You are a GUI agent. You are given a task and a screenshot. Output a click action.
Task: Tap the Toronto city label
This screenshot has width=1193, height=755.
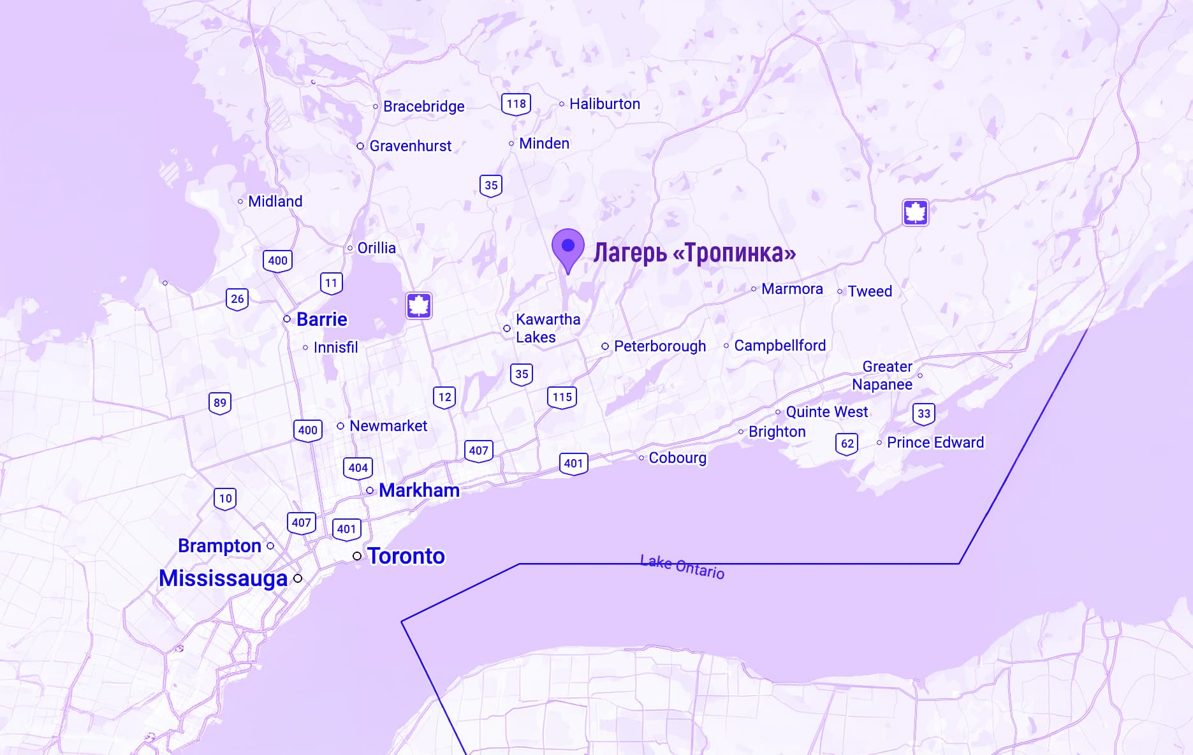(x=406, y=556)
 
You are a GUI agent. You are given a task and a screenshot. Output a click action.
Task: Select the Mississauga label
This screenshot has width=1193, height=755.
(x=223, y=578)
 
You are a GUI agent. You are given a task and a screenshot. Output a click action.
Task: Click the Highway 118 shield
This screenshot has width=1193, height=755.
(x=516, y=104)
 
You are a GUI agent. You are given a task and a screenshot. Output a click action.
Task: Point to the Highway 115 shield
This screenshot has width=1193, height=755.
(x=562, y=397)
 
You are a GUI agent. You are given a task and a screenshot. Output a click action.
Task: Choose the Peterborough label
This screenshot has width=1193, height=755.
(x=660, y=346)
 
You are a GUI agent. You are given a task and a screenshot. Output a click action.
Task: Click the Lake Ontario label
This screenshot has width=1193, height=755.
(x=682, y=566)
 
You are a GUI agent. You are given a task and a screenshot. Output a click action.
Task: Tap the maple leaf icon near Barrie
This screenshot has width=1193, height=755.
(x=419, y=306)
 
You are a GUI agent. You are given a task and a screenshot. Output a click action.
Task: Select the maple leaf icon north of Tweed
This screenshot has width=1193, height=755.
(x=915, y=212)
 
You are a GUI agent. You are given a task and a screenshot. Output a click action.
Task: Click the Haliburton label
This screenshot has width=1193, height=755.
(x=604, y=104)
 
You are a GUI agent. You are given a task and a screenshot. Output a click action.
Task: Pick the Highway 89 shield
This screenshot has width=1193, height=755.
(x=220, y=403)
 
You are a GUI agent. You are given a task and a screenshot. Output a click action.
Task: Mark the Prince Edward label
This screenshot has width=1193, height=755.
(x=935, y=443)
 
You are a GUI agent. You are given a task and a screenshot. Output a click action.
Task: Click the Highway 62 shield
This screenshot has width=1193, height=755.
(x=847, y=444)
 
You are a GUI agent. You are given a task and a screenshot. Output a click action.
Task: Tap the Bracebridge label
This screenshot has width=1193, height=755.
(x=423, y=106)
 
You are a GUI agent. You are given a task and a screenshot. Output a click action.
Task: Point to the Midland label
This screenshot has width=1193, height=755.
(x=275, y=202)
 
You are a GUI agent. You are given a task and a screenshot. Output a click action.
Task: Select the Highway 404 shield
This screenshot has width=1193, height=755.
(x=358, y=468)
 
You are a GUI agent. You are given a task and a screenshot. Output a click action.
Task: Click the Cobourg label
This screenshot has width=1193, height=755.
(x=677, y=458)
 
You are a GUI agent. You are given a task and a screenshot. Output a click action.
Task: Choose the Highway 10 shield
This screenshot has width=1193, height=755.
(x=225, y=499)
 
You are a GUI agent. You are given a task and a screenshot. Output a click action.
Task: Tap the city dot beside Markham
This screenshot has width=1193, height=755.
(x=370, y=490)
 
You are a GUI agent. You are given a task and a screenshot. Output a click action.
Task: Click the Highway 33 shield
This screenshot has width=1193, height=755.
(x=924, y=414)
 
